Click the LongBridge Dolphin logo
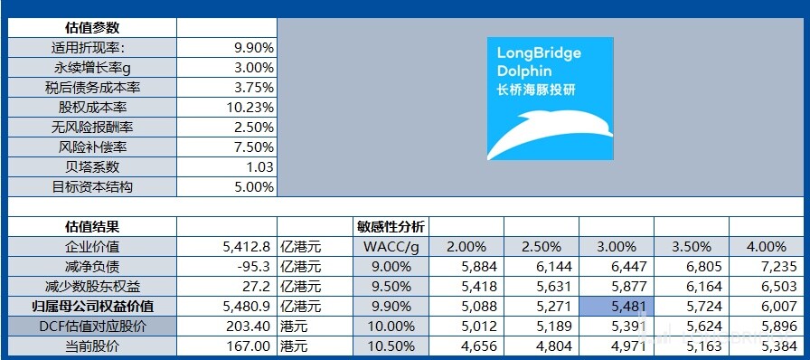coord(550,99)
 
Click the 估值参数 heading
coord(93,28)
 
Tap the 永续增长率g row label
coord(93,67)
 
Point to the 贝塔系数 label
coord(93,166)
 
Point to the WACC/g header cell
coord(391,246)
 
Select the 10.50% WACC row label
coord(391,346)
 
